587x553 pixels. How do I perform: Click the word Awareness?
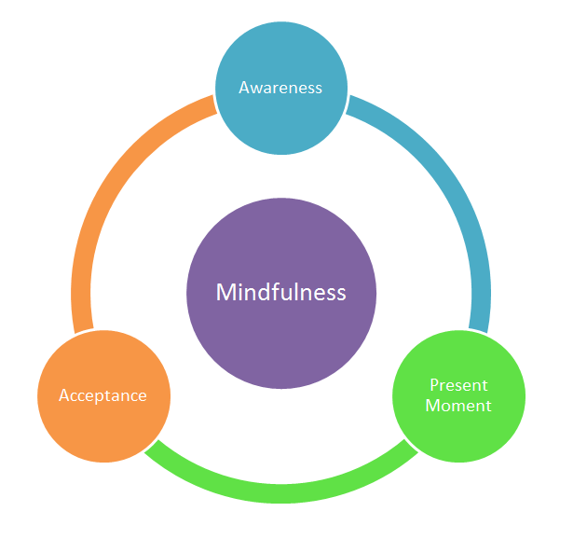click(280, 88)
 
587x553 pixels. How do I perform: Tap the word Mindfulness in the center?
click(280, 293)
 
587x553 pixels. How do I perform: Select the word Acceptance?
click(102, 395)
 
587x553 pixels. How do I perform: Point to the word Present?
click(458, 385)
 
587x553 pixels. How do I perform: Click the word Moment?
click(458, 406)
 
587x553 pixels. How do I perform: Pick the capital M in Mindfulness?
click(225, 293)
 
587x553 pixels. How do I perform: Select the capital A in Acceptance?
click(64, 395)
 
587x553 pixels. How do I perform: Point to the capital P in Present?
click(434, 385)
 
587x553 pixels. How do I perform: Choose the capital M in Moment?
click(431, 406)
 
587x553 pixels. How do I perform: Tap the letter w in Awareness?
click(258, 89)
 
